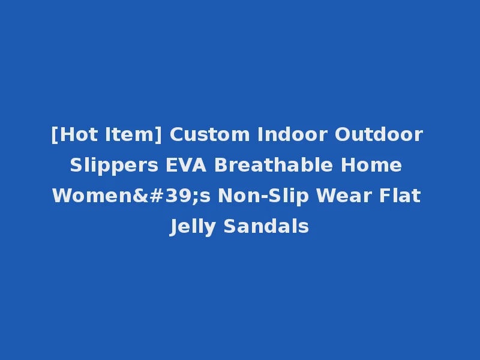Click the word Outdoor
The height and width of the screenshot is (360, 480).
379,134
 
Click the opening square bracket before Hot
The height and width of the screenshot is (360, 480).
55,134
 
